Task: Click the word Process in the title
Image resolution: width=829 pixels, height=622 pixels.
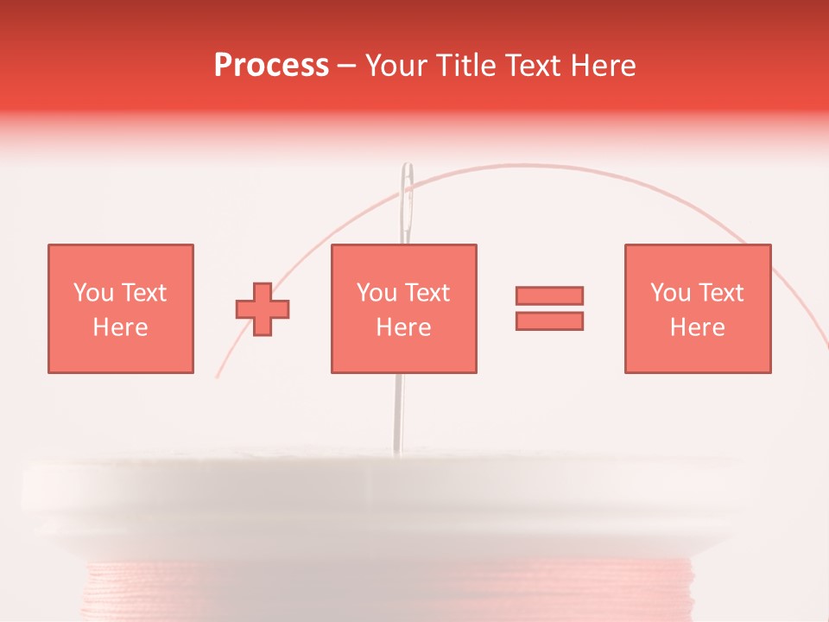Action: pyautogui.click(x=271, y=66)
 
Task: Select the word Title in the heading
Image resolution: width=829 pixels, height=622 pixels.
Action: pyautogui.click(x=464, y=66)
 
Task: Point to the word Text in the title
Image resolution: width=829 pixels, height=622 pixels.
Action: pyautogui.click(x=534, y=66)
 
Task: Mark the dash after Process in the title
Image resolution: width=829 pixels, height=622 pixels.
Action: pyautogui.click(x=347, y=67)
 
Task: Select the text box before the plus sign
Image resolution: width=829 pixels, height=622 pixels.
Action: pyautogui.click(x=120, y=308)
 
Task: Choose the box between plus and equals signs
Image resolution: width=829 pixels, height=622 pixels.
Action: pyautogui.click(x=403, y=308)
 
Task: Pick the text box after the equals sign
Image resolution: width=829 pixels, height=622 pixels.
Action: pyautogui.click(x=697, y=308)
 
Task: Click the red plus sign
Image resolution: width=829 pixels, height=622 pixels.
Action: pyautogui.click(x=263, y=308)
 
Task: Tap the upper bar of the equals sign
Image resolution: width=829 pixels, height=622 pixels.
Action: pyautogui.click(x=549, y=295)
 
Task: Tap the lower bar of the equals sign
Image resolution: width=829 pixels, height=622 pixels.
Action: pyautogui.click(x=549, y=321)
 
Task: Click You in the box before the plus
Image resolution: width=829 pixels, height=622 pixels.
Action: pyautogui.click(x=93, y=293)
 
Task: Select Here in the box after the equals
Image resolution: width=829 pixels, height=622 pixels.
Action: pyautogui.click(x=697, y=327)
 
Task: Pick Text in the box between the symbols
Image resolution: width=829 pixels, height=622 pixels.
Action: pyautogui.click(x=427, y=293)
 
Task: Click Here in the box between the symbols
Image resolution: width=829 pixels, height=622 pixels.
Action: pyautogui.click(x=403, y=327)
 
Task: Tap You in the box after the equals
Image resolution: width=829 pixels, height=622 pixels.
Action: pyautogui.click(x=670, y=293)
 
